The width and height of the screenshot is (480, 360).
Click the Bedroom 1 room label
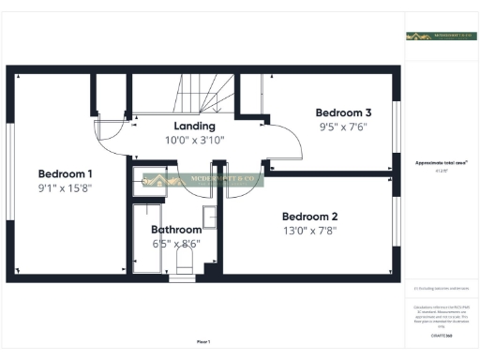(65, 173)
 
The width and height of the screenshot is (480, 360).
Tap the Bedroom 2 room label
(308, 214)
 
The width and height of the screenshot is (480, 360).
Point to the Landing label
(194, 126)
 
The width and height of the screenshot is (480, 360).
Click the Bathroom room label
(176, 230)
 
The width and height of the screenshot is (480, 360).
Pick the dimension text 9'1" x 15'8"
(65, 187)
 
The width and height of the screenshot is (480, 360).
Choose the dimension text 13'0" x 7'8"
(308, 229)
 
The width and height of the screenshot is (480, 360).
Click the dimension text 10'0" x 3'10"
(194, 140)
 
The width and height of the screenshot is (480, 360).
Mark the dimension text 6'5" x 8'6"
(176, 244)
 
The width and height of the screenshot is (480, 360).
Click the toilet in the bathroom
(183, 261)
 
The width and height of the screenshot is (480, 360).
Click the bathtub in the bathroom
(146, 239)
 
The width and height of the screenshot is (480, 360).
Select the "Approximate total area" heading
(442, 162)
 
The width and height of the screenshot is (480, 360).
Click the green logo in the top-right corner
(442, 36)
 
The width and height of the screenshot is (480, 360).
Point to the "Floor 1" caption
(203, 341)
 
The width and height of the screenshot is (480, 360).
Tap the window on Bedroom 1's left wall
(10, 172)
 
